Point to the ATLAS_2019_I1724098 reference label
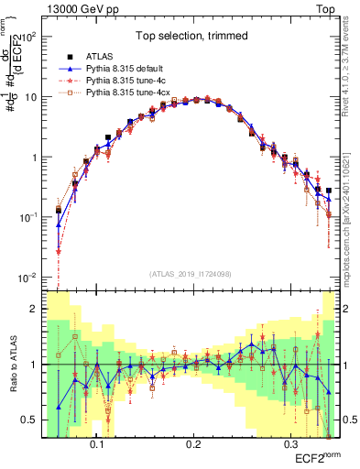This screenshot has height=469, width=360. pos(191,274)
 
